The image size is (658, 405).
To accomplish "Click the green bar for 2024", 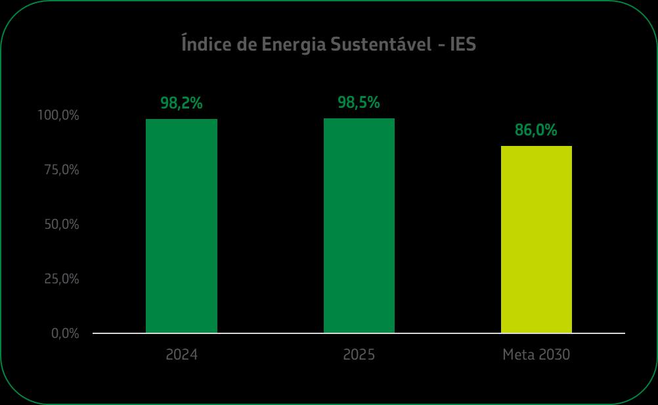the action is coord(181,226).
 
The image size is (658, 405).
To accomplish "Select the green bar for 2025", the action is coord(359,226).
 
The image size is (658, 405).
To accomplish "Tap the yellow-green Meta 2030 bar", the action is coord(537,239).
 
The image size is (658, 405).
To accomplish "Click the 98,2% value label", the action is coord(181,103).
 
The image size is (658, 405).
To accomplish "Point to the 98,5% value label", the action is coord(359,103).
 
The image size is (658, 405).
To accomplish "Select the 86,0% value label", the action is coord(536,130).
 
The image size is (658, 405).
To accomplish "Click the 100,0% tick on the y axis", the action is coord(58,115).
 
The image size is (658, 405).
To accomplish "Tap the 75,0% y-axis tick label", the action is coord(62,170).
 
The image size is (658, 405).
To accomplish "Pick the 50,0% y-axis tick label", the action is coord(62,224).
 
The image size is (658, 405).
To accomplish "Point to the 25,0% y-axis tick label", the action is coord(62,279).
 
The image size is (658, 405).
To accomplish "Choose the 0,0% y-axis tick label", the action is coord(65,333).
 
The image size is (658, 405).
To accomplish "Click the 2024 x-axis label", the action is coord(181,354).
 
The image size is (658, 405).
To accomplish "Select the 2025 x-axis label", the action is coord(359,354).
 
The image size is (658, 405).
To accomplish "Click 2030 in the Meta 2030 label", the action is coord(554,354).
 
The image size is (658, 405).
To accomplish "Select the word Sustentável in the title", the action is coord(381,43).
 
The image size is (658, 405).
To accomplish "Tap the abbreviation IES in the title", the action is coord(463,44).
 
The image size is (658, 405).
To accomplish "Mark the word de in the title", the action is coord(246,44).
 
